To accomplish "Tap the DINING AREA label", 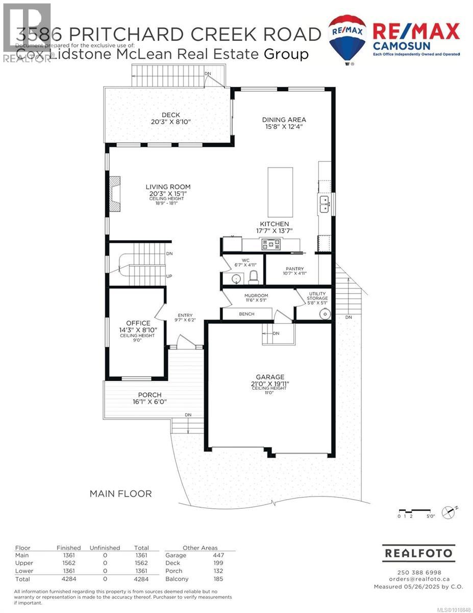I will click(x=284, y=120).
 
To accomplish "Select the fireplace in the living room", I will click(x=115, y=194).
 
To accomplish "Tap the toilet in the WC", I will click(x=253, y=277).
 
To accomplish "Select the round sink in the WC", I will click(x=235, y=278).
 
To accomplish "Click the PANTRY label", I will click(x=294, y=269).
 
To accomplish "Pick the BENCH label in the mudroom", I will click(x=246, y=314).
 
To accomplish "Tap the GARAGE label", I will click(x=270, y=377).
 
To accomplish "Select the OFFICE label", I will click(x=138, y=323).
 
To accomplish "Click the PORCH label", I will click(x=150, y=395).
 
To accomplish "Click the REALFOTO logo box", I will click(x=418, y=553).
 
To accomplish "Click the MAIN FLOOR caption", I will click(x=120, y=493).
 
